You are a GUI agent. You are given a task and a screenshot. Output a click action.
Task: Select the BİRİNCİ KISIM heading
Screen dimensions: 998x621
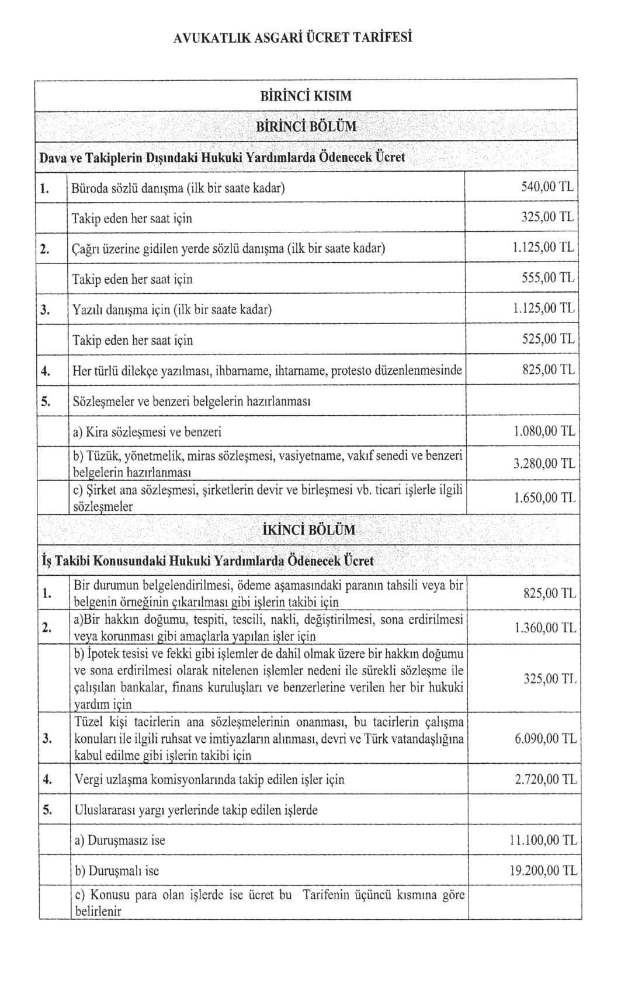306,96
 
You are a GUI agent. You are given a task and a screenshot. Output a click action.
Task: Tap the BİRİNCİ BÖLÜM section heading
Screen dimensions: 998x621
306,126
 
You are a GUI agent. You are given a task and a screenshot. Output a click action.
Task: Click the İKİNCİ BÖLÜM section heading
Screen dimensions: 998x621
306,530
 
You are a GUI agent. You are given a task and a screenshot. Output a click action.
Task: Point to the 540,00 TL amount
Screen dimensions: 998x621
547,187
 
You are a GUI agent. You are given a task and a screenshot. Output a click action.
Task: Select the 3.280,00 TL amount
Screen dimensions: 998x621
543,464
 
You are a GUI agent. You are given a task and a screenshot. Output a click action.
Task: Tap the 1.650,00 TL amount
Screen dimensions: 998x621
544,498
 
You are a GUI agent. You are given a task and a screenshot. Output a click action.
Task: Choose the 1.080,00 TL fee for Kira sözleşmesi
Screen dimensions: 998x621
543,432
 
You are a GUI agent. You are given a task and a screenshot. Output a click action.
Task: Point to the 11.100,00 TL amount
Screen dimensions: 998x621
543,840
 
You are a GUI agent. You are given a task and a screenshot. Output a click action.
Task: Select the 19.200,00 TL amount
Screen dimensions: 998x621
543,871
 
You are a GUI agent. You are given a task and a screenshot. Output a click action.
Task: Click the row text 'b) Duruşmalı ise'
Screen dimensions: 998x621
117,871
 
